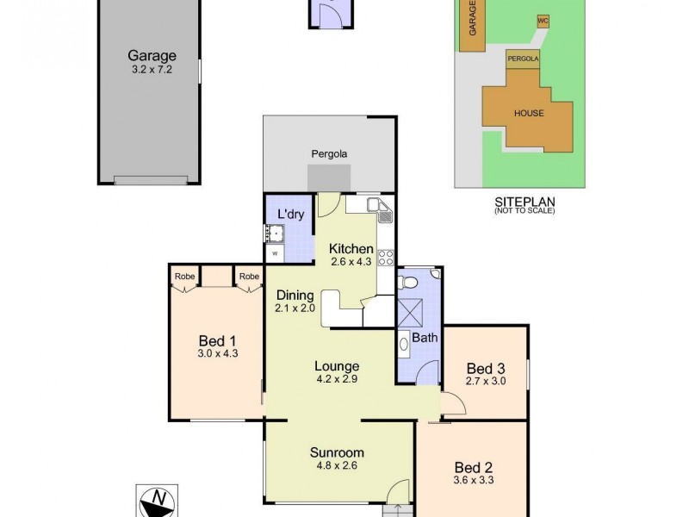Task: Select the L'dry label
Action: click(x=289, y=215)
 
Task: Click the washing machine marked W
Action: click(x=275, y=253)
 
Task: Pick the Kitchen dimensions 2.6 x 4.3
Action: click(x=351, y=262)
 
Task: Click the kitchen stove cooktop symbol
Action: click(x=385, y=257)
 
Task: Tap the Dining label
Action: click(x=295, y=296)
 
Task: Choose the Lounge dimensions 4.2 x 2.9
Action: click(x=337, y=378)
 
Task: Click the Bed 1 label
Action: click(x=217, y=339)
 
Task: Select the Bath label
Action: click(x=424, y=338)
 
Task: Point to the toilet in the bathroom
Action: click(x=409, y=283)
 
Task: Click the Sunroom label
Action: click(x=337, y=452)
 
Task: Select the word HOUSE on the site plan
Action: click(x=529, y=113)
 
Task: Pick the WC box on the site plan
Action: click(x=543, y=20)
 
